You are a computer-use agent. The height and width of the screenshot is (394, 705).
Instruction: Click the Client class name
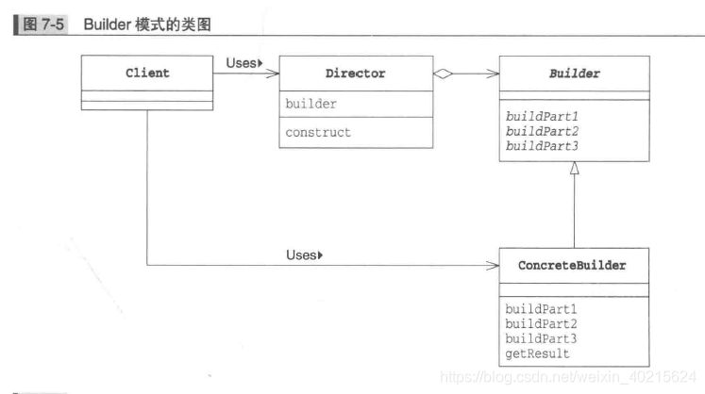pyautogui.click(x=146, y=73)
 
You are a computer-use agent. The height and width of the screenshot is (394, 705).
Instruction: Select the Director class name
pyautogui.click(x=358, y=73)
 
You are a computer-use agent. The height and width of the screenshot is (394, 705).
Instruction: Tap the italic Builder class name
pyautogui.click(x=574, y=73)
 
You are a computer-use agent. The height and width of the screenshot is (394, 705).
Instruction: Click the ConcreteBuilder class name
pyautogui.click(x=572, y=266)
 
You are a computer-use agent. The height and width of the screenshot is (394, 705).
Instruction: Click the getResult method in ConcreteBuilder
pyautogui.click(x=536, y=353)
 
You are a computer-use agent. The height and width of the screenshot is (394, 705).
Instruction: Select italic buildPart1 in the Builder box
pyautogui.click(x=541, y=117)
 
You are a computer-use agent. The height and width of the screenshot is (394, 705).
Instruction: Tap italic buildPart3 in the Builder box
pyautogui.click(x=541, y=145)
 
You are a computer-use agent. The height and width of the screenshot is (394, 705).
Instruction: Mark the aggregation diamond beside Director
pyautogui.click(x=444, y=73)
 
